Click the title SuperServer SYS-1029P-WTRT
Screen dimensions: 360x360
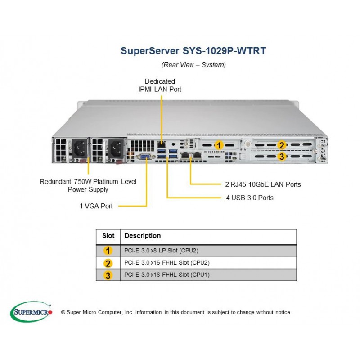point(193,51)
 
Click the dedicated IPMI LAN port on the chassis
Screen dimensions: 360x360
point(162,144)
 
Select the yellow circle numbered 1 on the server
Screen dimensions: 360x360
point(219,145)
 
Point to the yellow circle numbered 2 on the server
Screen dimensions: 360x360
point(282,145)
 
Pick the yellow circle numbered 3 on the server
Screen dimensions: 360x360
point(282,157)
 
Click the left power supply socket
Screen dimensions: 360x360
point(80,148)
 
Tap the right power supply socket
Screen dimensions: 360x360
point(116,149)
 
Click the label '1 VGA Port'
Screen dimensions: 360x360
point(96,206)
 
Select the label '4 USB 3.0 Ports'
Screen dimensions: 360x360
point(250,198)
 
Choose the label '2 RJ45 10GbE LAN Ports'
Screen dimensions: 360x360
point(263,184)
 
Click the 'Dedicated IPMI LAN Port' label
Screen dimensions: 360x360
point(160,85)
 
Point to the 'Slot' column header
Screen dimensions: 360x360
point(108,235)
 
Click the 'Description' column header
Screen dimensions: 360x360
point(142,235)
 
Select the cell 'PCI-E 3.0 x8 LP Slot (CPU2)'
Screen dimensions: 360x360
point(161,251)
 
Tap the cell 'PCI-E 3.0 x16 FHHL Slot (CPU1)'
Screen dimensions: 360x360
point(167,274)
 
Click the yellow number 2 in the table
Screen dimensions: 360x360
point(108,263)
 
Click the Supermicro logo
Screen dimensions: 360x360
point(31,312)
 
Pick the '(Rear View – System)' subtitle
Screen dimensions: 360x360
point(193,65)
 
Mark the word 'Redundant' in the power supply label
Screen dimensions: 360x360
point(55,182)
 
